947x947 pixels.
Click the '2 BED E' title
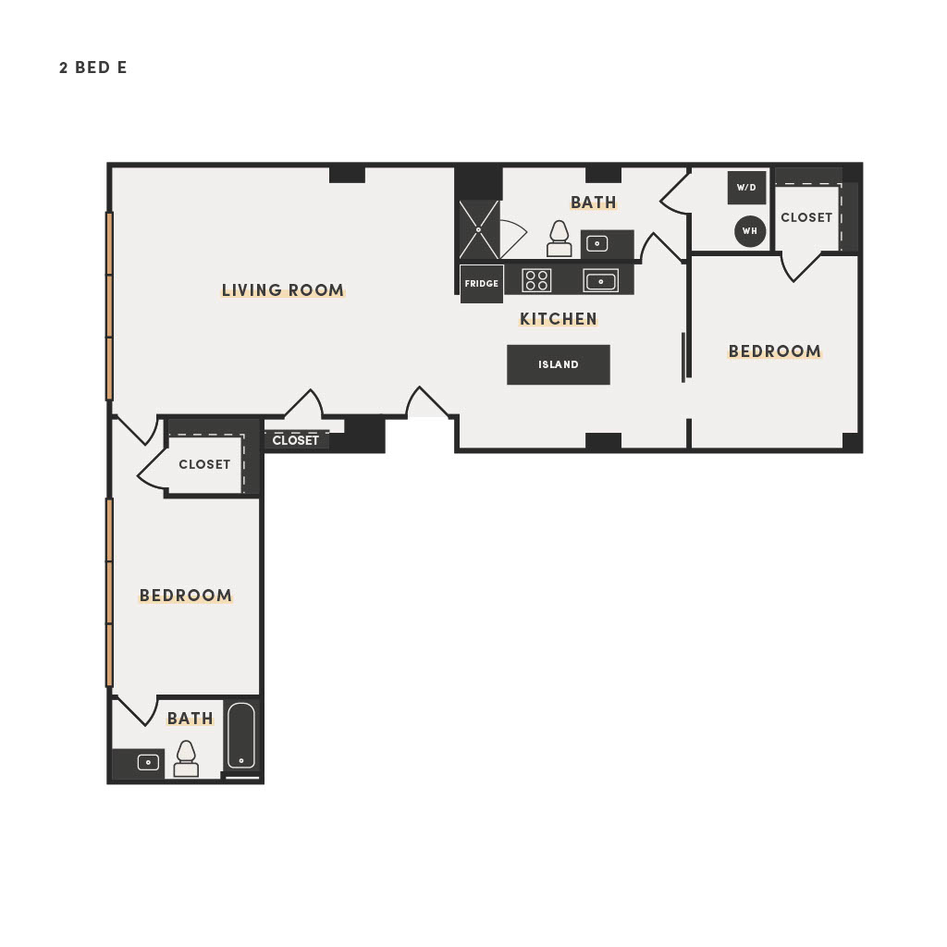[x=93, y=68]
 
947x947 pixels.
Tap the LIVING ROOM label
[x=283, y=290]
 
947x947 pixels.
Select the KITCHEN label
[x=558, y=319]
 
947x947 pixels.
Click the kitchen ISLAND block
[x=558, y=364]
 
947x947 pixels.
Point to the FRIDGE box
[x=481, y=283]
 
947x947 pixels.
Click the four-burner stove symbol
[x=536, y=280]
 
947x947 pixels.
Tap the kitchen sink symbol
[x=600, y=281]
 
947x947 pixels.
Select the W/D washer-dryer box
[x=746, y=187]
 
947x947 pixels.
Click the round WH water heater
[x=750, y=230]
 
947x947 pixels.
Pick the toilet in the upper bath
[x=559, y=239]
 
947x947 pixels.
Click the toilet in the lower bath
[x=186, y=759]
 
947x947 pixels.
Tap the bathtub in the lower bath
[x=241, y=735]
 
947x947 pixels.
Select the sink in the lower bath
[x=148, y=762]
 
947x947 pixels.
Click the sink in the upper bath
[x=597, y=244]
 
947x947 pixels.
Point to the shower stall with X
[x=480, y=229]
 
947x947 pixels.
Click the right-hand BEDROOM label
[x=774, y=351]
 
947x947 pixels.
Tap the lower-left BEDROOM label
[x=186, y=596]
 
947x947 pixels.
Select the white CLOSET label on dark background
[x=295, y=440]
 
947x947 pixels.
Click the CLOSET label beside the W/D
[x=806, y=217]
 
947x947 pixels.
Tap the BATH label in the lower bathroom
[x=191, y=719]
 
